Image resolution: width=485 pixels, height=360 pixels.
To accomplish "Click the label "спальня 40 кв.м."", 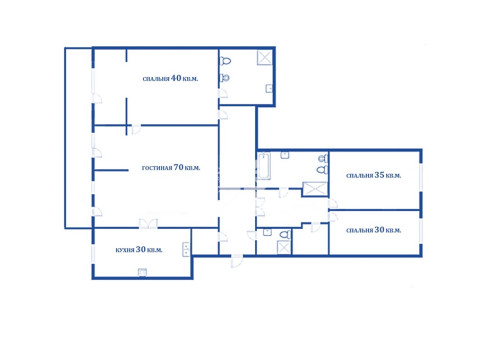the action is point(170,78).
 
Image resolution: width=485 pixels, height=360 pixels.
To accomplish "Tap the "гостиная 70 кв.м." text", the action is point(171,167).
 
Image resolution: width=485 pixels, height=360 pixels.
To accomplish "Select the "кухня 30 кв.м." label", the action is point(139,249).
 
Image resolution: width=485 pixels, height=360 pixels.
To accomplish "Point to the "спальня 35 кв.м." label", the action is point(373,175).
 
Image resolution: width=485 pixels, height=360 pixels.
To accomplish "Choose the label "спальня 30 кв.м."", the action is point(373,230).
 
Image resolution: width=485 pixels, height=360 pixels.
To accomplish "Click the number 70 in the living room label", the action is point(179,167).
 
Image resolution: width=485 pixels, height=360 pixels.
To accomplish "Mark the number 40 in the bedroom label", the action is point(176,78).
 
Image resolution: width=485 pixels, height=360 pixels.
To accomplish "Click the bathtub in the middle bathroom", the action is point(264,166).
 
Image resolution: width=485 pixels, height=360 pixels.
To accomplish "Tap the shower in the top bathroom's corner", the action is point(265,57).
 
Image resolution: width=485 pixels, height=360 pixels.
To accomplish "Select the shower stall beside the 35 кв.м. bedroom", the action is point(315,189).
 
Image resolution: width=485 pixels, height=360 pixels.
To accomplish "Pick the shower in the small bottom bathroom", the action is point(284,247).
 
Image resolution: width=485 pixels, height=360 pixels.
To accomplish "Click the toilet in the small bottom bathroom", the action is point(284,234).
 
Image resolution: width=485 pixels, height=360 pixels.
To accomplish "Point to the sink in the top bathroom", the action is point(269,88).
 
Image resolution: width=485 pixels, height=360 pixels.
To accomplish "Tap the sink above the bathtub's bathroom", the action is point(285,155).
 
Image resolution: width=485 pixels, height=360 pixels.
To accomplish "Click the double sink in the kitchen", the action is point(186,249).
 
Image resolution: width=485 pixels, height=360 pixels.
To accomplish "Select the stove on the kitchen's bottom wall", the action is point(142,272).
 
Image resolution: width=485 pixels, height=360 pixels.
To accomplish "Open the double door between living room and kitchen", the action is point(148,224).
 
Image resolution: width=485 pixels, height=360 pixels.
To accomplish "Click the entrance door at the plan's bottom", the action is point(237,261).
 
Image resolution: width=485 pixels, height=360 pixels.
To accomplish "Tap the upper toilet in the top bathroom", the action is point(225,61).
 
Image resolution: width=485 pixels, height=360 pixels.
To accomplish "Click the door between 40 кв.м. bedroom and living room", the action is point(136,129).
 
